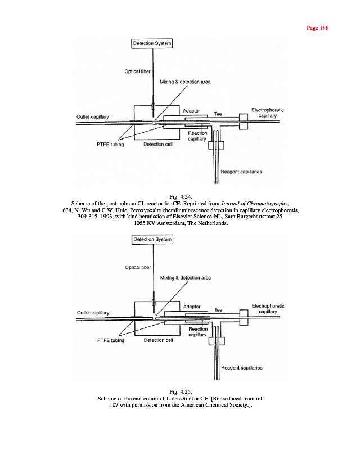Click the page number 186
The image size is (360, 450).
click(317, 28)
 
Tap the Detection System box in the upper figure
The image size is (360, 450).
click(152, 43)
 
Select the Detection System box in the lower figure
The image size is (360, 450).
click(152, 239)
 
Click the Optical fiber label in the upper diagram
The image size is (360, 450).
click(137, 71)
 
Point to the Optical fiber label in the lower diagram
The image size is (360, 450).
click(137, 267)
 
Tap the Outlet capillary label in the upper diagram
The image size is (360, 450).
click(93, 116)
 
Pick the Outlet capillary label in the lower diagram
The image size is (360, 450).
click(93, 313)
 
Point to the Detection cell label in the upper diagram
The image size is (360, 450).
click(159, 144)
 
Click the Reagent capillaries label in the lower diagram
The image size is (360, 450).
click(242, 368)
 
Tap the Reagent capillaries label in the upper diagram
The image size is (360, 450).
click(242, 172)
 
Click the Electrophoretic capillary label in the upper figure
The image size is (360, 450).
click(267, 113)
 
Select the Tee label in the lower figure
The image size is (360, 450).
click(219, 310)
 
